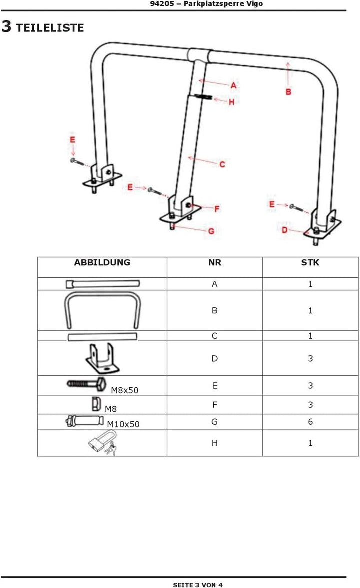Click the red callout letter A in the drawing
pos(234,85)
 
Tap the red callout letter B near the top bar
pos(288,91)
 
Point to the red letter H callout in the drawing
pos(231,102)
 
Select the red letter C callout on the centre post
pos(222,164)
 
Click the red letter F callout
pos(217,209)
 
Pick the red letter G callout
pos(211,231)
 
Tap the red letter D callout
pos(285,229)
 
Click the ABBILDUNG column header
pos(102,262)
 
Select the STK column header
pos(310,262)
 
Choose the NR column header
pos(214,262)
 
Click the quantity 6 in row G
pos(310,422)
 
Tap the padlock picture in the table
pos(103,443)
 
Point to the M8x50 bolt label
pos(125,390)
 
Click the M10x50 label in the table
pos(123,424)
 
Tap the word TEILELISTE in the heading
pos(50,28)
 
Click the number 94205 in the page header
pos(162,4)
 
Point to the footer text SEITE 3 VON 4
pos(198,584)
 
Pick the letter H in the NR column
pos(214,443)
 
